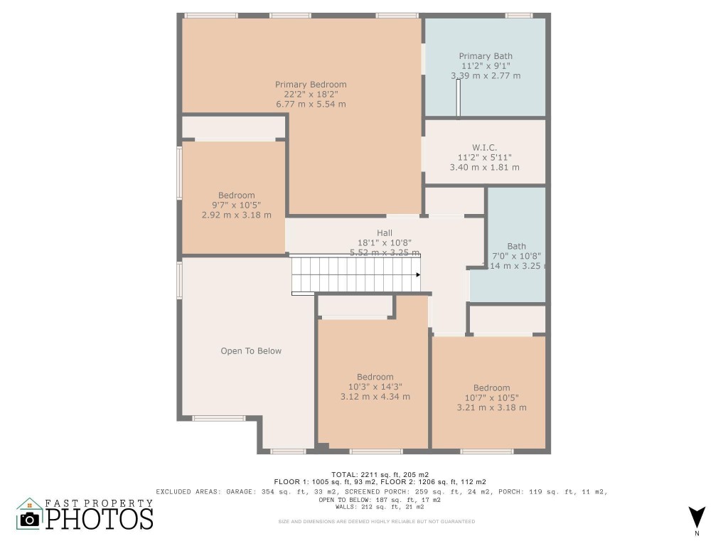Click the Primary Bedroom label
[311, 85]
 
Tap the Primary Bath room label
[485, 56]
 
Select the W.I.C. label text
[484, 147]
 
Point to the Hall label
[385, 232]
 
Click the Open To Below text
[251, 350]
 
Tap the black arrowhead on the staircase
[418, 274]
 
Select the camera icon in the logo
[30, 518]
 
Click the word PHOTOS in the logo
[100, 518]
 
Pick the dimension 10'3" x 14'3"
[375, 387]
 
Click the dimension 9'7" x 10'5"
[236, 205]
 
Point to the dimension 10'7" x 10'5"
[491, 397]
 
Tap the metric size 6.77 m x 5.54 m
[311, 105]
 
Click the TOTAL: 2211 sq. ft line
[380, 474]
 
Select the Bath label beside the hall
[517, 247]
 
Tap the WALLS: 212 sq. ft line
[380, 507]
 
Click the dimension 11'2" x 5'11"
[484, 157]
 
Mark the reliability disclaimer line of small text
[376, 522]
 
